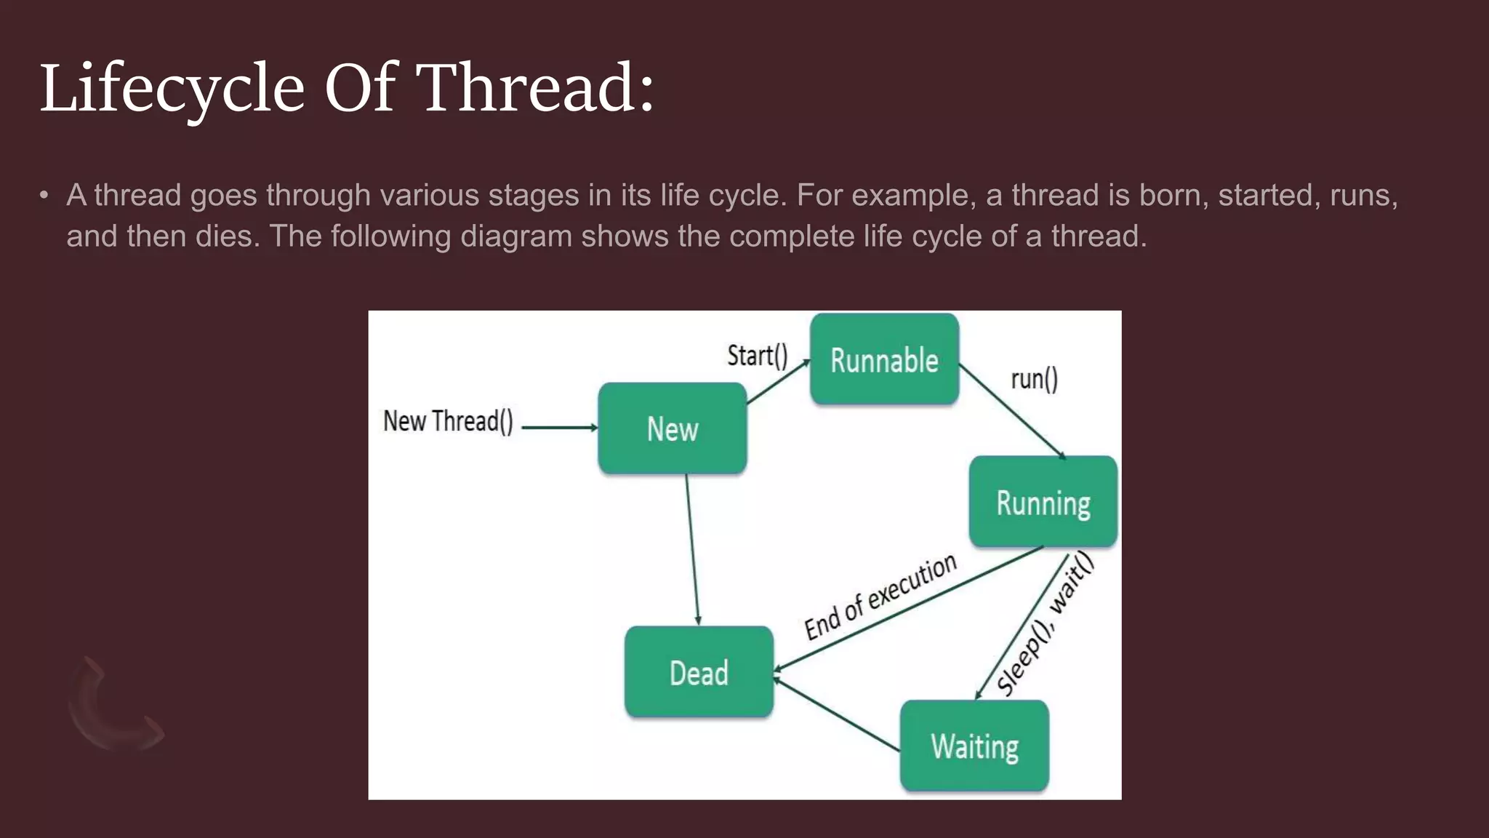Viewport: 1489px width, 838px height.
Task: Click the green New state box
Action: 672,428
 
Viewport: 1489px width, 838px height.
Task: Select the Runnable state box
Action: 884,359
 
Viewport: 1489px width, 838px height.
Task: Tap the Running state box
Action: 1043,502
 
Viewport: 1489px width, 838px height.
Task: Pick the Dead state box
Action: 698,672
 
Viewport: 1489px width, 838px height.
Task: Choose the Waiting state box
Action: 974,746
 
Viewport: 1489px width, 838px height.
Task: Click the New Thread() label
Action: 448,421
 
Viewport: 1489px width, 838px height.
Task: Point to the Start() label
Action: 757,356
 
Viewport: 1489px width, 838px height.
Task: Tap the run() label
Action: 1034,379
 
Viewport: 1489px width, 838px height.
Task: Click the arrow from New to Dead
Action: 692,549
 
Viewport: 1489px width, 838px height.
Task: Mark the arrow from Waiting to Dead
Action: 836,714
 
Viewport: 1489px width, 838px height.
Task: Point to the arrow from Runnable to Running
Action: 1012,411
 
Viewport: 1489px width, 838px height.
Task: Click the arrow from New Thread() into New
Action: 558,428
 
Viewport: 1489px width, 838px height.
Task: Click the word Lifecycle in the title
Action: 172,89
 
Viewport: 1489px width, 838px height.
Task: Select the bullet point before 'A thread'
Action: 44,196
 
